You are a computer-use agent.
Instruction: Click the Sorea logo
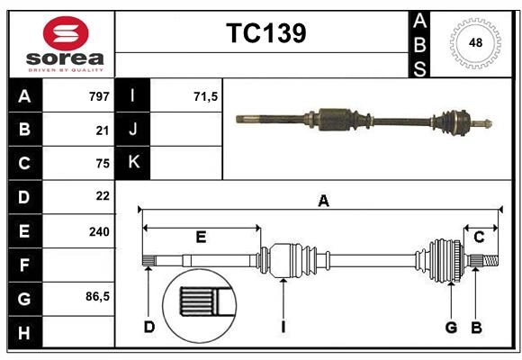coord(66,44)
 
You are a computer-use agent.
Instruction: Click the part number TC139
coord(265,33)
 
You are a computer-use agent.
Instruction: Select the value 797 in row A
coord(98,96)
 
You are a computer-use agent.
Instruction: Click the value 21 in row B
coord(102,130)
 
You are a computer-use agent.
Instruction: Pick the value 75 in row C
coord(102,163)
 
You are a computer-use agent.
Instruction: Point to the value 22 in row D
coord(102,196)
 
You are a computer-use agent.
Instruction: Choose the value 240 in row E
coord(98,230)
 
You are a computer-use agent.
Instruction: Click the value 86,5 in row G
coord(97,296)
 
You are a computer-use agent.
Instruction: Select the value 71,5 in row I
coord(206,96)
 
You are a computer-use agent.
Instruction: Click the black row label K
coord(133,163)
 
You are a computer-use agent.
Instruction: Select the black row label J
coord(133,130)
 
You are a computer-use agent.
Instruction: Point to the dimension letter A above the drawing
coord(323,202)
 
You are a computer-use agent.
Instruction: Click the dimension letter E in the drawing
coord(201,238)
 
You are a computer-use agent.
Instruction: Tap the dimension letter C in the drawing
coord(480,237)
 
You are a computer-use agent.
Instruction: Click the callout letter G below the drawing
coord(452,327)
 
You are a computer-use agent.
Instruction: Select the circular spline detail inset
coord(200,304)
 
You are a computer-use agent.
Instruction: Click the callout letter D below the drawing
coord(149,327)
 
